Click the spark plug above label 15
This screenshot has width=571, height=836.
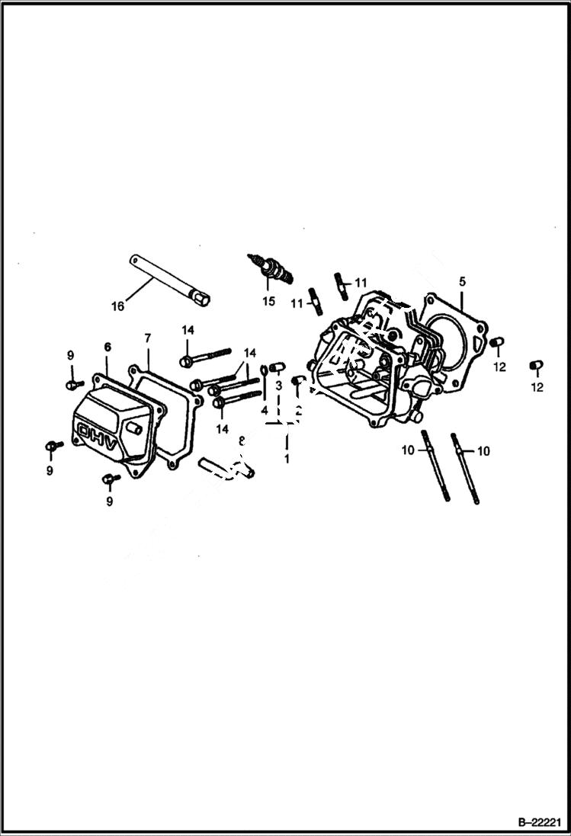[271, 268]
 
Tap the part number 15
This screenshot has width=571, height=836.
[268, 301]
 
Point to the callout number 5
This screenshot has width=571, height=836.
[462, 282]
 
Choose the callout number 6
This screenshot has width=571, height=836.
[107, 348]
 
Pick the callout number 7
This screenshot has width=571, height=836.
[148, 338]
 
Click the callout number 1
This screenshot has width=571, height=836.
[287, 460]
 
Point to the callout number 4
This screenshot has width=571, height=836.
[264, 411]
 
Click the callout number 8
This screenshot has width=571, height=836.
[242, 441]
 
